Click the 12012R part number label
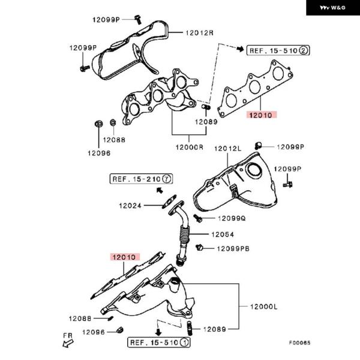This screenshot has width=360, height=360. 200,32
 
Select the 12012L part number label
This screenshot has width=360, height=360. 228,148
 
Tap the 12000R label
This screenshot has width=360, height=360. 190,147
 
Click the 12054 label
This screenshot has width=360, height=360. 222,235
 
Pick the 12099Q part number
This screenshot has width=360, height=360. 232,218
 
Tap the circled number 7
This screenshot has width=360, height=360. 167,178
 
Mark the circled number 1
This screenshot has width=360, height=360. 185,343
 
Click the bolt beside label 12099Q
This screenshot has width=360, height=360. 196,218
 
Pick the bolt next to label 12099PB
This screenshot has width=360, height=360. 200,247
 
